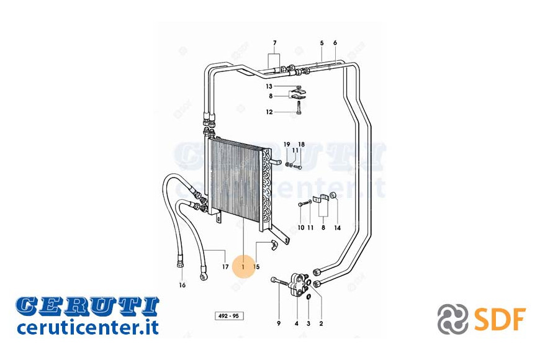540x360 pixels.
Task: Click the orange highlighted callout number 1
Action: click(x=243, y=266)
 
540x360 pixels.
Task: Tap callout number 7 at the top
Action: click(x=274, y=43)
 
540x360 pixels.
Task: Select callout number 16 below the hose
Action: click(x=182, y=285)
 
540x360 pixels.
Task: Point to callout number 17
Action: click(x=225, y=267)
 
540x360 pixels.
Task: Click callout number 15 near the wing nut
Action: click(x=256, y=267)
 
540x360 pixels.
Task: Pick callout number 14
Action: click(x=338, y=228)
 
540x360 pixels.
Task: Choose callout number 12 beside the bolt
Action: click(x=269, y=112)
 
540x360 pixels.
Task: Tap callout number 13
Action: click(x=269, y=86)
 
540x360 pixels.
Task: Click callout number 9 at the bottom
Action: click(x=279, y=323)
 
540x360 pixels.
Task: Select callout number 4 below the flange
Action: click(x=297, y=323)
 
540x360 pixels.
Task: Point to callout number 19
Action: click(x=287, y=145)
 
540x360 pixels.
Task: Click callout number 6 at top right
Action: click(x=335, y=43)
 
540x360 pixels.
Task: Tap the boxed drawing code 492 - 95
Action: click(x=228, y=316)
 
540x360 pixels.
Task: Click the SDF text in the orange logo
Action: click(x=500, y=319)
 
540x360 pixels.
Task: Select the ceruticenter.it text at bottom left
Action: click(x=88, y=327)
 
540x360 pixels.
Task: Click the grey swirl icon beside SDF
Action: click(x=452, y=319)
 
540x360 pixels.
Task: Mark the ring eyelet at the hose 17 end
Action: click(x=203, y=276)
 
